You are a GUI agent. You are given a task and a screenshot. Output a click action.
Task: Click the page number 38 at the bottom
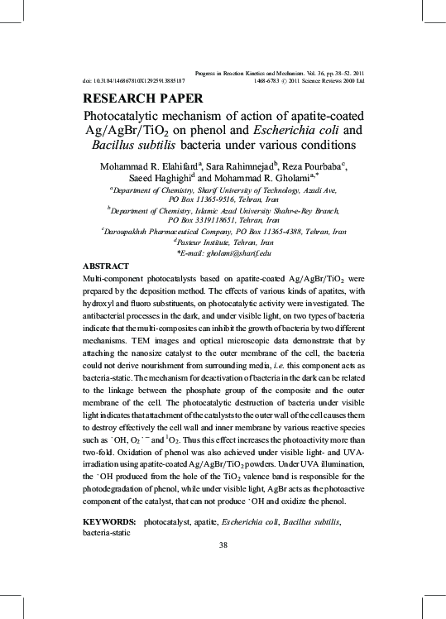(223, 545)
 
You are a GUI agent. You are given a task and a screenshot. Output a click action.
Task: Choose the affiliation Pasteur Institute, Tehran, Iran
(223, 242)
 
